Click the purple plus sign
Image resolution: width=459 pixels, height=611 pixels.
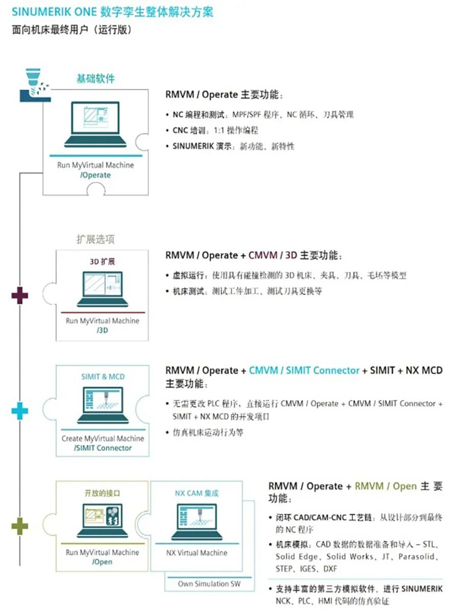[20, 295]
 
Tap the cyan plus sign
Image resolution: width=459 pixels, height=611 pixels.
[20, 411]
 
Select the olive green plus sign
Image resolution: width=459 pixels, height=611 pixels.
[20, 526]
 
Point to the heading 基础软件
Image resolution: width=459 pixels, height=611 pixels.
[95, 79]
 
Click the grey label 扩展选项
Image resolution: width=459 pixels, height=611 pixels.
[95, 239]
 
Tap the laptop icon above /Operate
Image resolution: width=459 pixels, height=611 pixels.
[95, 124]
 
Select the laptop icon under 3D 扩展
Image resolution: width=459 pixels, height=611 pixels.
[102, 289]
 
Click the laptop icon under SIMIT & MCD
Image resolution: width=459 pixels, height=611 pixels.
[103, 405]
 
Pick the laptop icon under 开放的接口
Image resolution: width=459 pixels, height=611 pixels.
[103, 521]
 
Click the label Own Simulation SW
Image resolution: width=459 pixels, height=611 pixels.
[209, 583]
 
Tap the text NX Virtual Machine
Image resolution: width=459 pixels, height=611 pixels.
[197, 552]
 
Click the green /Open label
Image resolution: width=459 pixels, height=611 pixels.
[103, 562]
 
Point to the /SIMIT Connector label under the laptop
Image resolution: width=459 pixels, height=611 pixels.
[103, 448]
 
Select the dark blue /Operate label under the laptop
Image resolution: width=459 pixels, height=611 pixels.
[95, 175]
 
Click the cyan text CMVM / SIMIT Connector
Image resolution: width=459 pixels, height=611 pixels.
[304, 371]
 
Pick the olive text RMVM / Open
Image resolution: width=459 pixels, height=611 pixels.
[386, 486]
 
